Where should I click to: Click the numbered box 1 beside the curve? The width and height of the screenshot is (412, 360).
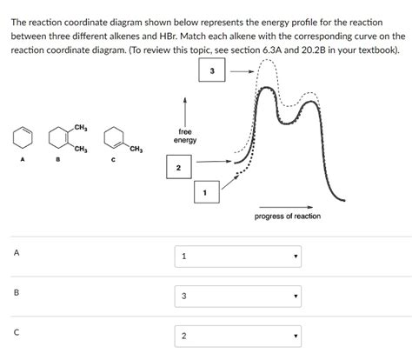pyautogui.click(x=206, y=192)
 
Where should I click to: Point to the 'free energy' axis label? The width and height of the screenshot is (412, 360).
pyautogui.click(x=184, y=137)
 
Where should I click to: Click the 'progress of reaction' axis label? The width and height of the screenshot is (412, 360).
pyautogui.click(x=287, y=216)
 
